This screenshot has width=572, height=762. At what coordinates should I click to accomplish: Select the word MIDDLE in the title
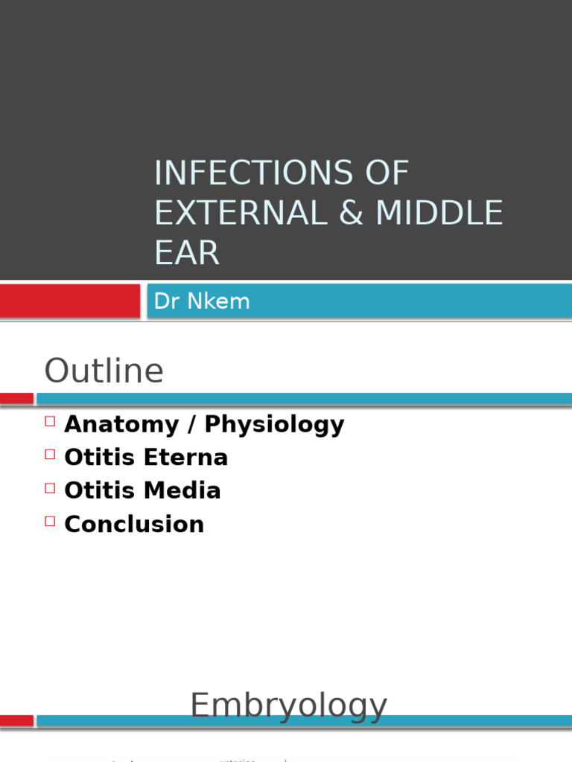coord(439,213)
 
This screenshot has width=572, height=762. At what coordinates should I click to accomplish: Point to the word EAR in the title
coord(187,253)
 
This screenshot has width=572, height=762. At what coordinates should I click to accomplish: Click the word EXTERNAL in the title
coord(241,213)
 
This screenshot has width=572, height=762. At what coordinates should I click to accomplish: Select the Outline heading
coord(104,371)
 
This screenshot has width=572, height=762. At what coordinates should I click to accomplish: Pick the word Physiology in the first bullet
coord(274,424)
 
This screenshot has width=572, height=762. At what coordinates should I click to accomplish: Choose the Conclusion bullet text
coord(134,524)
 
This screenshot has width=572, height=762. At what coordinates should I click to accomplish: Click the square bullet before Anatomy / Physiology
coord(50,421)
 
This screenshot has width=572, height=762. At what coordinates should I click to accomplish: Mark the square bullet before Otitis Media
coord(50,487)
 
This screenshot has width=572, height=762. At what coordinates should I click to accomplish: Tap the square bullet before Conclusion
coord(50,521)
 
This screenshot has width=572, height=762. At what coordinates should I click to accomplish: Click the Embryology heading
coord(288,705)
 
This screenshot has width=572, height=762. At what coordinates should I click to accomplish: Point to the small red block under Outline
coord(16,399)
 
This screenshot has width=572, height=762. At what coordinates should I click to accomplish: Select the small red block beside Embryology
coord(16,720)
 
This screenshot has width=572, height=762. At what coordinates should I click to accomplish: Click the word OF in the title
coord(387,173)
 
